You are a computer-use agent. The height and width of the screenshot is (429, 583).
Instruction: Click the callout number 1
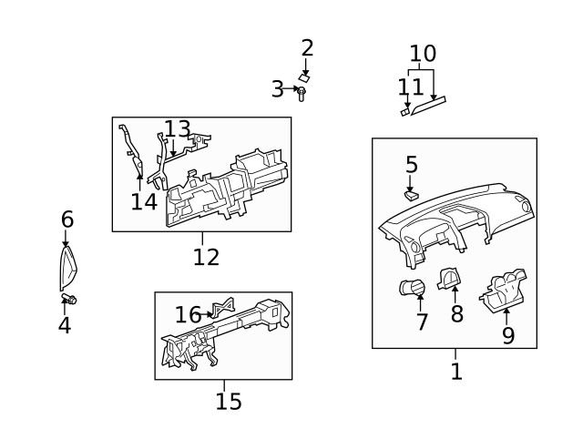click(456, 371)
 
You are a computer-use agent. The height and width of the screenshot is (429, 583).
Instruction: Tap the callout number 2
click(307, 48)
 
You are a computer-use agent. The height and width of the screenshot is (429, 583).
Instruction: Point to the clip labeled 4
click(69, 299)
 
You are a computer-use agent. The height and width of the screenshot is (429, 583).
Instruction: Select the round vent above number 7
click(413, 289)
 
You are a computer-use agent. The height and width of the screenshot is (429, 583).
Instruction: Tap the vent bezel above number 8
click(450, 278)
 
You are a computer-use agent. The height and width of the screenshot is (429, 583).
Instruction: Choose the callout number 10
click(423, 54)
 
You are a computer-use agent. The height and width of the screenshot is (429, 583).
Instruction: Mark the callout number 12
click(206, 257)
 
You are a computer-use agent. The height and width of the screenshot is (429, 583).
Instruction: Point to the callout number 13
click(178, 129)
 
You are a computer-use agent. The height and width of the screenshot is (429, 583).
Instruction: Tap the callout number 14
click(144, 201)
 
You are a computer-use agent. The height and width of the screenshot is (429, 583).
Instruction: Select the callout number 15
click(229, 401)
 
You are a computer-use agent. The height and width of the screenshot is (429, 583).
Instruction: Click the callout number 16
click(188, 315)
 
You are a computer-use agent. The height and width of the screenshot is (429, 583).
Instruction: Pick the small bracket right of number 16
click(221, 309)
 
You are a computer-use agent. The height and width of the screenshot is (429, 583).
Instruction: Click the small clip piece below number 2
click(305, 78)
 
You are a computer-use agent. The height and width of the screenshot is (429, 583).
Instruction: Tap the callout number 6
click(67, 220)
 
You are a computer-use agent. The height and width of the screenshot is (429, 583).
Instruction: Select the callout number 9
click(508, 335)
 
